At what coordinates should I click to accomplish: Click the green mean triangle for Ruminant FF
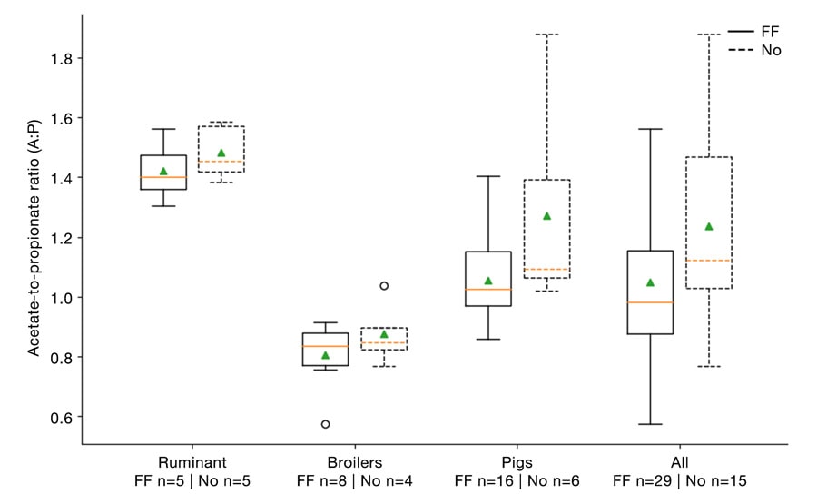pos(163,171)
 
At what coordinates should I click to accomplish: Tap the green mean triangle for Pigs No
pos(546,216)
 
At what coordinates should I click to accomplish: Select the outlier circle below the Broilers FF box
pos(325,424)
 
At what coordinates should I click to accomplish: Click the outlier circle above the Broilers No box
pos(384,285)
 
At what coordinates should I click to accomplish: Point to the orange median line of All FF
pos(650,302)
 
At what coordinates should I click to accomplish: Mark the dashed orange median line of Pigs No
pos(546,270)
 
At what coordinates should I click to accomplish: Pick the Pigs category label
pos(517,460)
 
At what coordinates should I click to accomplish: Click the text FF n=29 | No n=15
pos(679,479)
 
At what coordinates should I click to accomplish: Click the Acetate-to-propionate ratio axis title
pos(33,238)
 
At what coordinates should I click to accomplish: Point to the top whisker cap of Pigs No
pos(546,35)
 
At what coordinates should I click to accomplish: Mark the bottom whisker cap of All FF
pos(650,424)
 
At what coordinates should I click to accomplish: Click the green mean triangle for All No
pos(709,227)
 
